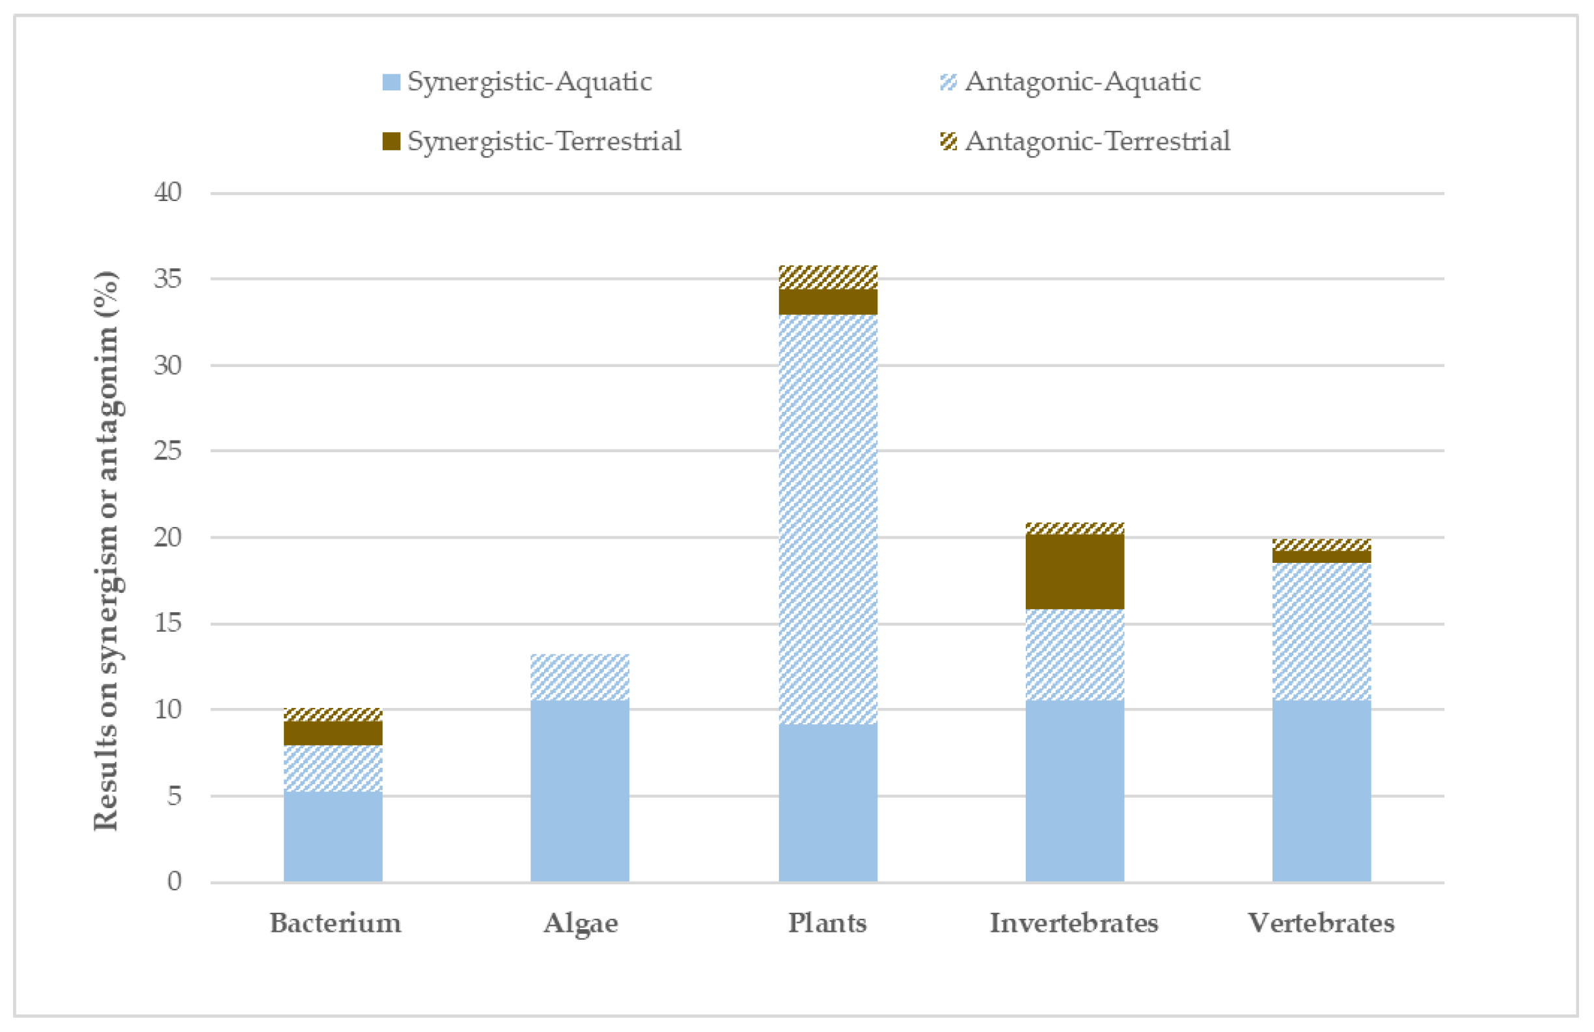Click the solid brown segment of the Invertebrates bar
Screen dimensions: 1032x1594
1075,571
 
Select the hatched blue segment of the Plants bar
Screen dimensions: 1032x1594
828,519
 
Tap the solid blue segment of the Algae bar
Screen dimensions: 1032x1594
580,791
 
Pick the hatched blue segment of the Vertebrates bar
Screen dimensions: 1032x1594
1321,632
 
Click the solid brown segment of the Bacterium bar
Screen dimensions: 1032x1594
333,733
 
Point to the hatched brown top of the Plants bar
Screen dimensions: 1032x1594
828,277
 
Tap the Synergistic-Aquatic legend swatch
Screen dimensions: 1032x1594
391,82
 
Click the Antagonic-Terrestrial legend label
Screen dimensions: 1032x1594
1097,141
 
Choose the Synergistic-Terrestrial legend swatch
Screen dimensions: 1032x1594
391,141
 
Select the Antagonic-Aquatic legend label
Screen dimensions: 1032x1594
1082,82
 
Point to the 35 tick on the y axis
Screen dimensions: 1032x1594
167,278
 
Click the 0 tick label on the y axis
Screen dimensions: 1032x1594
174,881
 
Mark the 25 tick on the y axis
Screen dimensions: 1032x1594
167,451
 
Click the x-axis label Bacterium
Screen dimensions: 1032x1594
336,923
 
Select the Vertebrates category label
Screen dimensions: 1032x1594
1321,923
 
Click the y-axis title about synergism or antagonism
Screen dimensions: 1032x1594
106,550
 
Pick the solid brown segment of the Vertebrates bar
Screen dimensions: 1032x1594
1321,556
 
